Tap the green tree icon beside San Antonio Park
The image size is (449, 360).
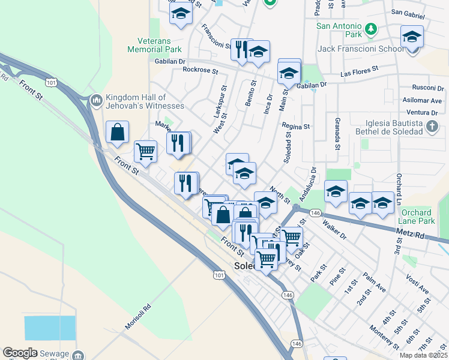click(371, 28)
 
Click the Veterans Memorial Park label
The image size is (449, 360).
click(155, 46)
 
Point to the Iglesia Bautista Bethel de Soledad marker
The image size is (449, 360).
click(432, 127)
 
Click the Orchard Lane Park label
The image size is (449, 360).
click(417, 217)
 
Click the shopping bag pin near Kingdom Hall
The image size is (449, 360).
click(117, 132)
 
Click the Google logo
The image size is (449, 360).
click(20, 353)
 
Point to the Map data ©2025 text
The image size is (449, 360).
click(424, 355)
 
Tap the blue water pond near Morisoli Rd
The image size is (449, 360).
click(50, 328)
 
